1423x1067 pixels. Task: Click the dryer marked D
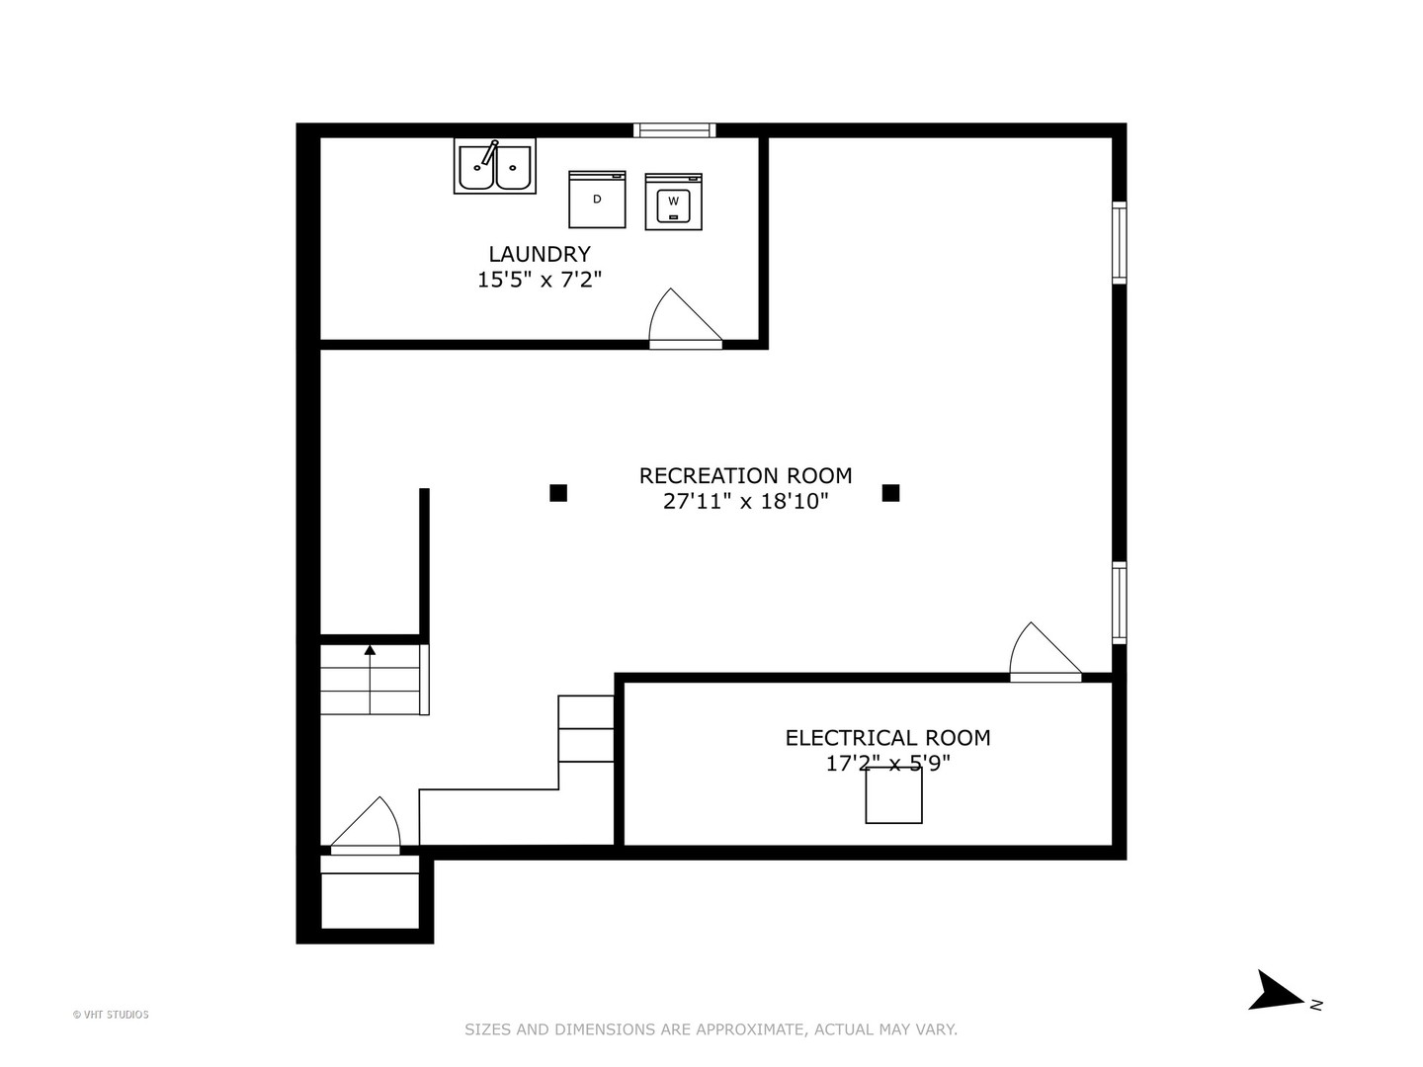coord(597,199)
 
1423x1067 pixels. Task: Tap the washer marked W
coord(673,202)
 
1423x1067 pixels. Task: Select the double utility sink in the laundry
coord(494,166)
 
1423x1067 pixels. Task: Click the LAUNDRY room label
coord(540,254)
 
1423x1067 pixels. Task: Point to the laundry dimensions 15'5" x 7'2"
coord(540,280)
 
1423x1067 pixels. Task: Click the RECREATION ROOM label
coord(745,475)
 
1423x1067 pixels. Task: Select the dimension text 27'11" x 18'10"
coord(745,501)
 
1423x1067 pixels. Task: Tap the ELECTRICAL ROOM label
coord(887,737)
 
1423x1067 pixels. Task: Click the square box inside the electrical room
coord(893,794)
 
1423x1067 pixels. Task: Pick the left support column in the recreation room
coord(558,492)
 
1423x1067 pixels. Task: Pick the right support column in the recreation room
coord(890,492)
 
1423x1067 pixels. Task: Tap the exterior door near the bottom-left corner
coord(366,827)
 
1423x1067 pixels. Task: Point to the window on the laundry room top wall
coord(674,129)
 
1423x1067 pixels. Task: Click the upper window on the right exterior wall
coord(1119,242)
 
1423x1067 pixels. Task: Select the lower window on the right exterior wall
coord(1119,602)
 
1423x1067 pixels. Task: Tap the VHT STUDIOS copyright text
coord(111,1015)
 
